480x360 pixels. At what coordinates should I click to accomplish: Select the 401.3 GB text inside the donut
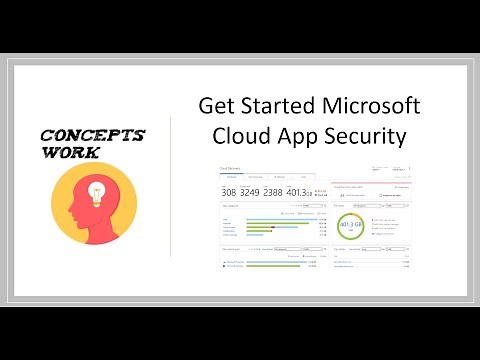351,227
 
